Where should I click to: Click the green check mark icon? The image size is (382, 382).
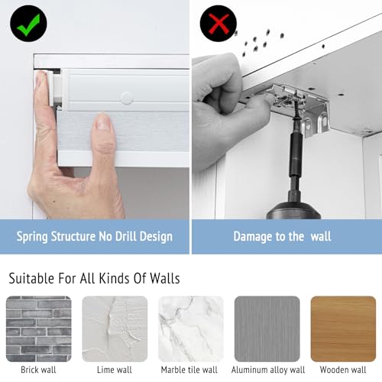(x=28, y=23)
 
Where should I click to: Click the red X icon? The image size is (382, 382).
(x=219, y=23)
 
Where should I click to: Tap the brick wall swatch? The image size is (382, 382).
(x=38, y=329)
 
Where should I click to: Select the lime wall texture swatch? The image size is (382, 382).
(x=115, y=329)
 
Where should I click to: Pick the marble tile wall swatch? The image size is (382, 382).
(x=191, y=329)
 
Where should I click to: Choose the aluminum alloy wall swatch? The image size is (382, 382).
(x=267, y=329)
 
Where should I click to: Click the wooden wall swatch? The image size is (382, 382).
(x=343, y=329)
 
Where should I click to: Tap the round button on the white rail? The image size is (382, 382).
(x=126, y=98)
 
